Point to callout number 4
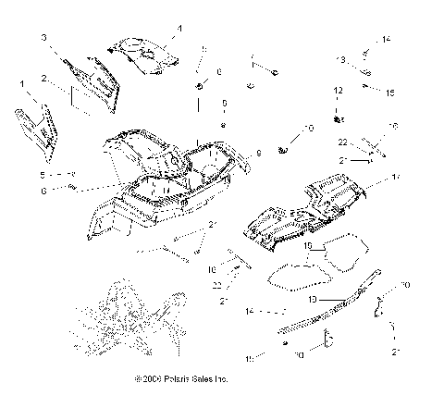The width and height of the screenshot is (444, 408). [x=179, y=30]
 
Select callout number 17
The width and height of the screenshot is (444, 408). [x=395, y=176]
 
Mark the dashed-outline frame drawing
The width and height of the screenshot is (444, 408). [x=129, y=319]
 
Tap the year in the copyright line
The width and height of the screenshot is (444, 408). [x=151, y=378]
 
